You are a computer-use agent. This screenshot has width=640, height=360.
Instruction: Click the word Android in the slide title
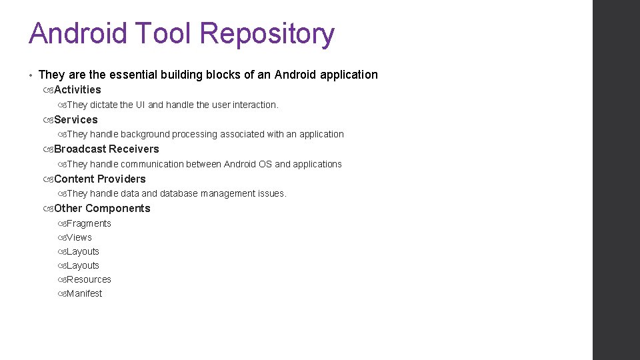coord(77,33)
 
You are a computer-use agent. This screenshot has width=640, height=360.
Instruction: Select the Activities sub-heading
coord(77,89)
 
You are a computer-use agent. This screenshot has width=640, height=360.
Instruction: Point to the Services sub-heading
coord(75,119)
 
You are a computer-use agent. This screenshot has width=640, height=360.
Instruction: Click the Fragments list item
coord(89,223)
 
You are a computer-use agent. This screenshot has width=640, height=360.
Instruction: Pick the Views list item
coord(79,237)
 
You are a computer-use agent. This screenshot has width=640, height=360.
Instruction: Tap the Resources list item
coord(89,279)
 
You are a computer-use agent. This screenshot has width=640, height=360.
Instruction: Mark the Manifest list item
coord(85,293)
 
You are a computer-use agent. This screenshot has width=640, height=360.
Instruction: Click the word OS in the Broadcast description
coord(265,164)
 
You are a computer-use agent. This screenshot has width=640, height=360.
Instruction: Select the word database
coord(180,193)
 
